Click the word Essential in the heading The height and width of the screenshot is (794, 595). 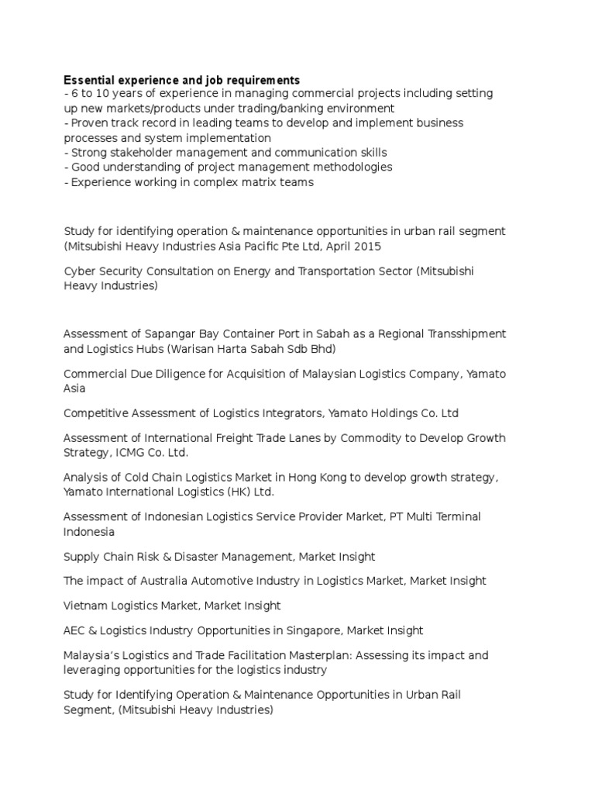pos(88,80)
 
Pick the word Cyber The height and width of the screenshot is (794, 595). pos(78,271)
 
